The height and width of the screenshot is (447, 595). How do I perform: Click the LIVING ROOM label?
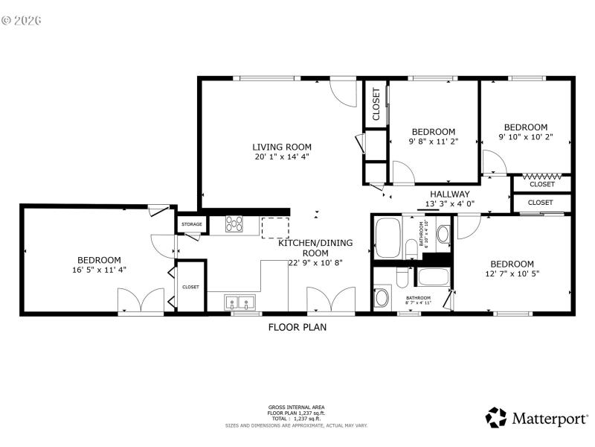tap(282, 147)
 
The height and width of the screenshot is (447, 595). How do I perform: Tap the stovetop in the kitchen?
tap(235, 223)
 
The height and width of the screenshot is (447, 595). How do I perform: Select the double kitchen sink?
tap(239, 302)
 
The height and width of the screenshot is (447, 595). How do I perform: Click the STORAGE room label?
tap(192, 223)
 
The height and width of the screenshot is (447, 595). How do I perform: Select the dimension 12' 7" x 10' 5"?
tap(512, 274)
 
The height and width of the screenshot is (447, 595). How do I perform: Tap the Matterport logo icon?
tap(496, 418)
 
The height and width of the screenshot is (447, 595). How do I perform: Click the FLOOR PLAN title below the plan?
tap(297, 326)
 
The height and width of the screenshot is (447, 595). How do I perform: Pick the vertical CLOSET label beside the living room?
tap(376, 104)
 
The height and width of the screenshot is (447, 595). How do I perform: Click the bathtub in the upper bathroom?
tap(387, 237)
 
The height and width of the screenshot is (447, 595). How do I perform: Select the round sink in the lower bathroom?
tap(382, 298)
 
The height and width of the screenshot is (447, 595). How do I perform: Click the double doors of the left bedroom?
tap(141, 301)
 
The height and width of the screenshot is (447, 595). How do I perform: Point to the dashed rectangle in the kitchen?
tap(276, 228)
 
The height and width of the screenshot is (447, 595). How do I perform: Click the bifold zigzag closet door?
tap(541, 177)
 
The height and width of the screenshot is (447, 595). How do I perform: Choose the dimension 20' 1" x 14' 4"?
tap(282, 157)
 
